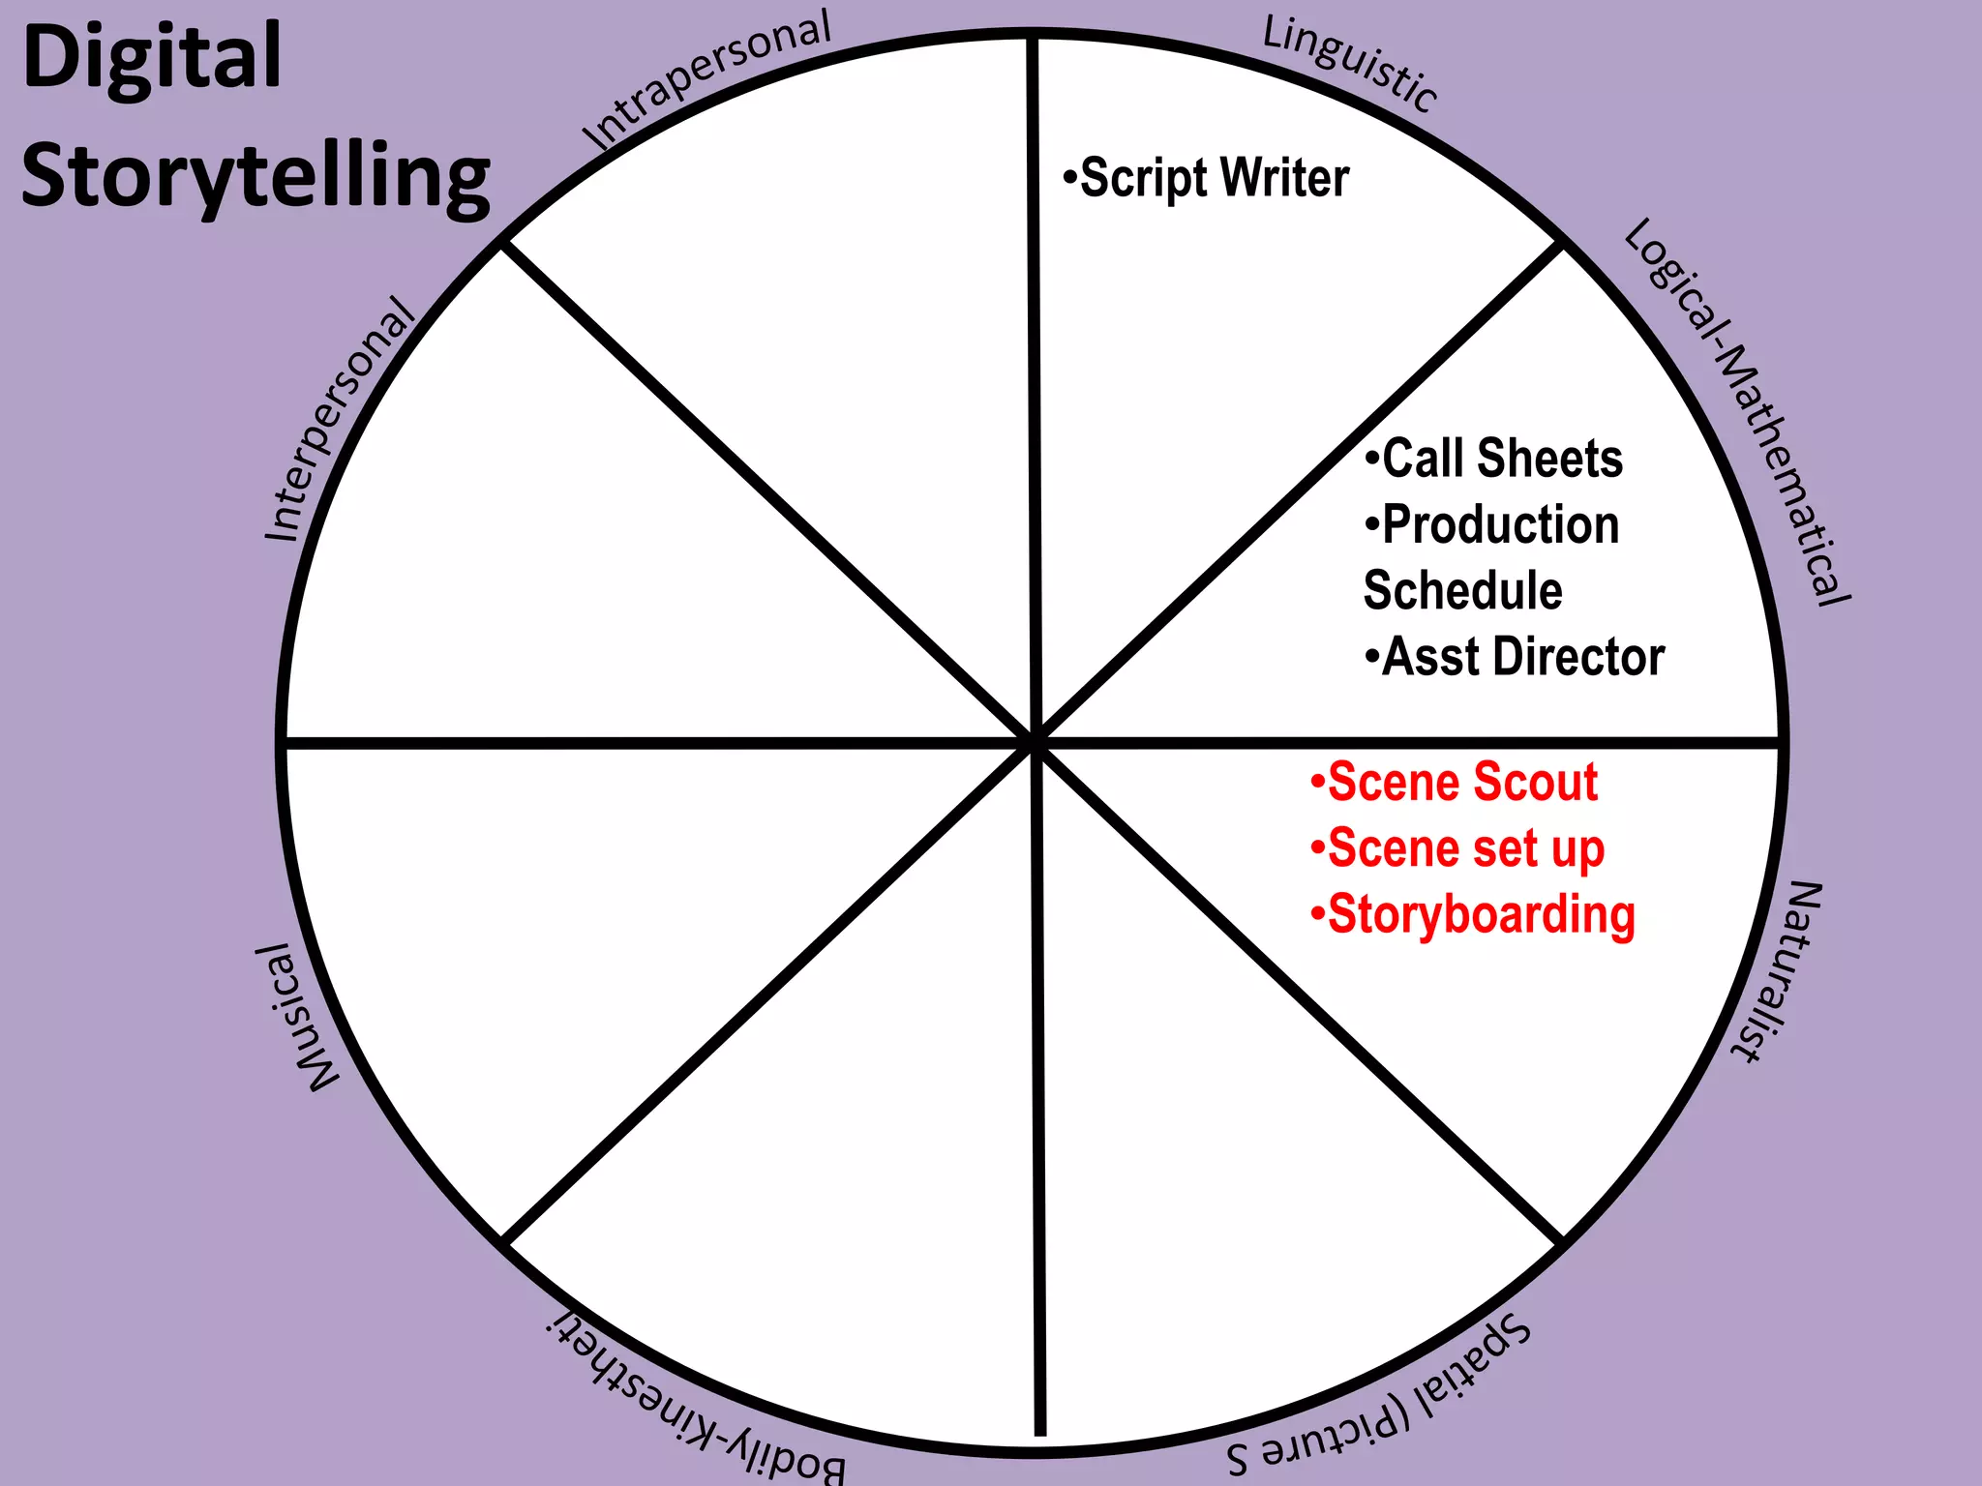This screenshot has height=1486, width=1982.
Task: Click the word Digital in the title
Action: click(x=152, y=58)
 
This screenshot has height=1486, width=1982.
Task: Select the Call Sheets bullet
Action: click(x=1494, y=459)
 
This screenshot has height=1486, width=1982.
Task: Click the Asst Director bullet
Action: click(x=1516, y=657)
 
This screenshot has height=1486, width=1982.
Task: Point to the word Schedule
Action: click(x=1462, y=590)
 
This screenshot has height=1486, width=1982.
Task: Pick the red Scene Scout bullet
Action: click(x=1455, y=782)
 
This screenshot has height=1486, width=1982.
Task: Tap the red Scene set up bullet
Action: click(x=1458, y=848)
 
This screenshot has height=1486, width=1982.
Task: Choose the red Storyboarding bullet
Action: click(x=1474, y=915)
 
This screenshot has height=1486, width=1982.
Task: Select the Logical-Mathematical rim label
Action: click(x=1738, y=412)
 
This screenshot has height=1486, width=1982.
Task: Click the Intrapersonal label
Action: click(x=706, y=81)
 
